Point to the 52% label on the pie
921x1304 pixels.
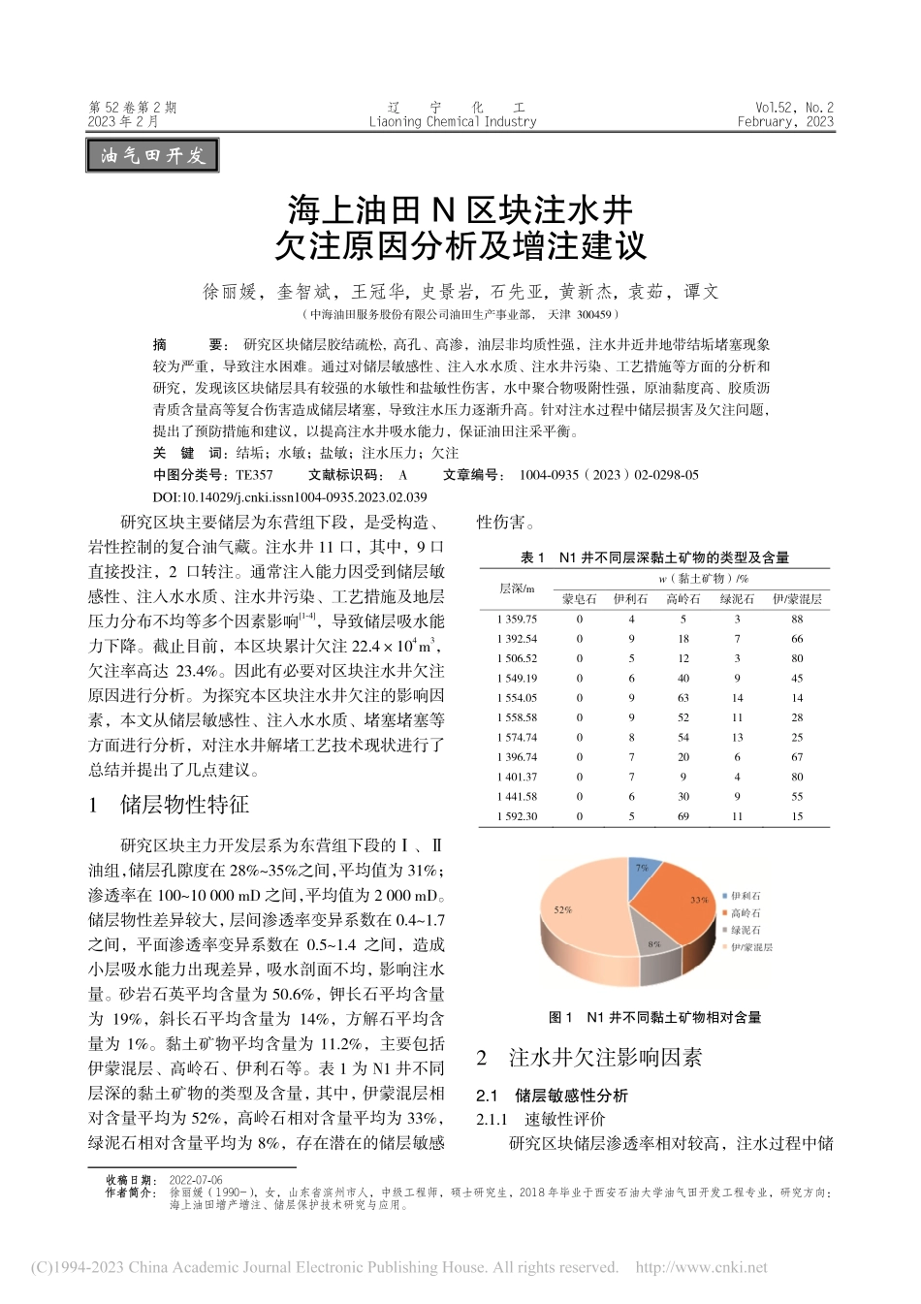point(563,909)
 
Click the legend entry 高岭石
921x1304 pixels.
point(746,913)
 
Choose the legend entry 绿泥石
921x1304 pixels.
point(746,930)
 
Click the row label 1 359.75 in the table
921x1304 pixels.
point(517,619)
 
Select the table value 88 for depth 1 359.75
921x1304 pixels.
point(797,619)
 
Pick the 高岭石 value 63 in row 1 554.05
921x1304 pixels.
point(683,697)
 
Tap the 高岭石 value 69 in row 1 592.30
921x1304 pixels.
point(683,815)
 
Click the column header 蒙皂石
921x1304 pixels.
point(580,599)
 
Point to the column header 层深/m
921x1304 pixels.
point(517,588)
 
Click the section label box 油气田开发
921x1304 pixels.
point(153,155)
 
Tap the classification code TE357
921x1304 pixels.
point(255,475)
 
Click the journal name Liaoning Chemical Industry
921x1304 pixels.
point(453,122)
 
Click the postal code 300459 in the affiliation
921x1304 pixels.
point(594,314)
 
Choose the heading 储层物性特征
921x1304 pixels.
point(184,804)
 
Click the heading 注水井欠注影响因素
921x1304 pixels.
point(605,1057)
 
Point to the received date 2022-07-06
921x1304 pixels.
point(196,1181)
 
